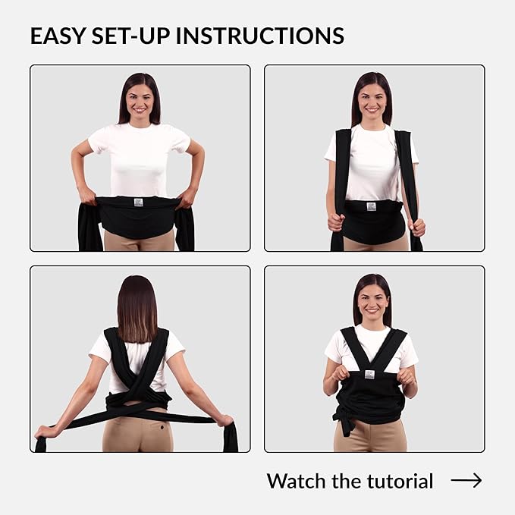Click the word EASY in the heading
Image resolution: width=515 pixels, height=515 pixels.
click(x=58, y=36)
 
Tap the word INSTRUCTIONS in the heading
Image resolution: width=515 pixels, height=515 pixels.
click(x=260, y=36)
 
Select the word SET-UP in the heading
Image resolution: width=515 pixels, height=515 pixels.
click(x=131, y=36)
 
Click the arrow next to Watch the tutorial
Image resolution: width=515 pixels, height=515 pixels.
click(x=466, y=480)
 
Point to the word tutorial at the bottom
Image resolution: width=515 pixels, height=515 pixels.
click(x=400, y=481)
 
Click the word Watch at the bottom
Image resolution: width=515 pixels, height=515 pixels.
click(x=297, y=481)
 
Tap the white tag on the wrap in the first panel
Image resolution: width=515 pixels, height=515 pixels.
click(x=138, y=203)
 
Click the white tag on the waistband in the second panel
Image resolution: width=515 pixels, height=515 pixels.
click(x=371, y=206)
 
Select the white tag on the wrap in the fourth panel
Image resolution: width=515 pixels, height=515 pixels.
click(x=369, y=375)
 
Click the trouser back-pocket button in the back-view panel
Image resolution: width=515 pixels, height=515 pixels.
click(x=162, y=427)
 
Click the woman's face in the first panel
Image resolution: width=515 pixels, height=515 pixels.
click(x=140, y=99)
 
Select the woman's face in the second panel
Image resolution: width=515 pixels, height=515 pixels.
click(x=372, y=98)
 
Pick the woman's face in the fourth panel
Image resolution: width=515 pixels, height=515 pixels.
click(x=372, y=300)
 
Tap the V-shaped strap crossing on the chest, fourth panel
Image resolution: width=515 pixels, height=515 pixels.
click(x=371, y=363)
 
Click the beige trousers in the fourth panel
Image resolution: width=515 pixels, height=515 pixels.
click(x=370, y=436)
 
